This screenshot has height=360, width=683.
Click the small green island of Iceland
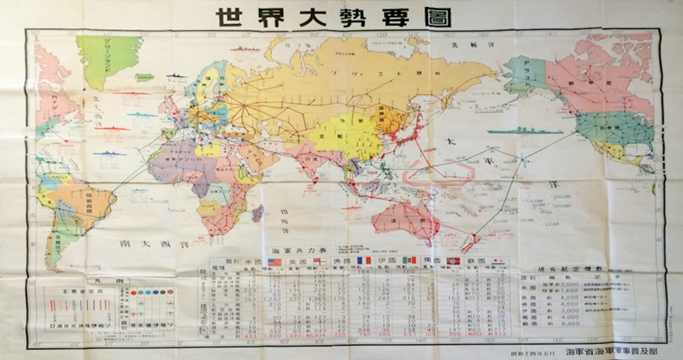(145, 77)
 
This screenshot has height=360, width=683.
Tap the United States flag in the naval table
(273, 261)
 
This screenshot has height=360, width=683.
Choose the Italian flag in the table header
(409, 261)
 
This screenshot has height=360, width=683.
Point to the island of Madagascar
(258, 213)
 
